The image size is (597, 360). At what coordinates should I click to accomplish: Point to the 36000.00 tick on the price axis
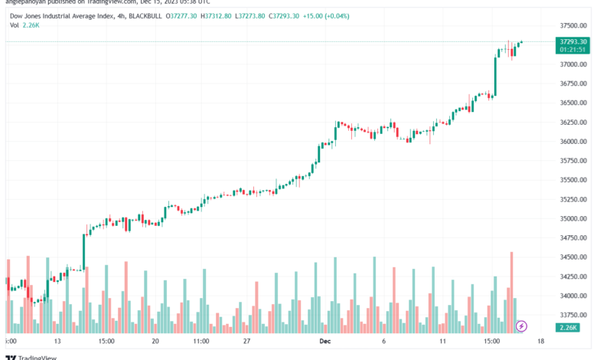[x=574, y=142]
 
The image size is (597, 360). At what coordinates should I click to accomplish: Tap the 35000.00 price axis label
[x=574, y=219]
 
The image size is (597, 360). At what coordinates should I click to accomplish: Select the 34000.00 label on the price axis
[x=574, y=296]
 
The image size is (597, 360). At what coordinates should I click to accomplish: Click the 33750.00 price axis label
[x=574, y=316]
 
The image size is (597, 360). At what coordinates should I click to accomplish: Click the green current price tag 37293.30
[x=574, y=41]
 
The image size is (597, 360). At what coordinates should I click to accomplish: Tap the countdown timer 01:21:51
[x=574, y=50]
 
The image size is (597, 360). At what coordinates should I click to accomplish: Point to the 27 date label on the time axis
[x=246, y=341]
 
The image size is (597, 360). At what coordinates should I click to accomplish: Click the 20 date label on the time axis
[x=156, y=341]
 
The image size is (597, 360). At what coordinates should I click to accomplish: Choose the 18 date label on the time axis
[x=540, y=341]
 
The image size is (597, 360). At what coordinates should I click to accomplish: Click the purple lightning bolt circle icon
[x=521, y=326]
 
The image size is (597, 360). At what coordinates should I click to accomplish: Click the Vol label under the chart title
[x=15, y=25]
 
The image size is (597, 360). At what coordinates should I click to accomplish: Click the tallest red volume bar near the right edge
[x=511, y=292]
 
